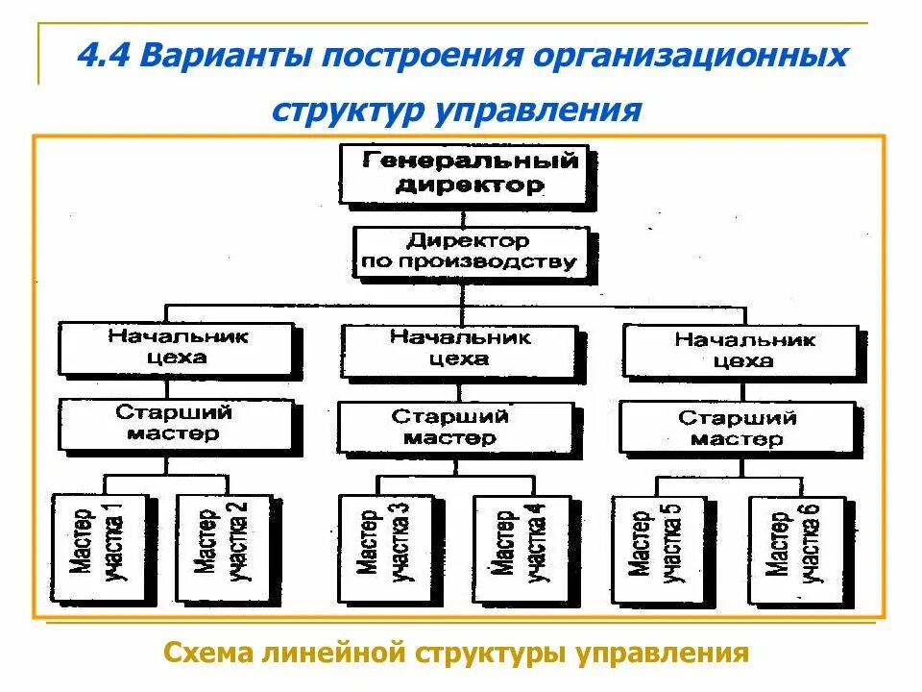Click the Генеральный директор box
[x=465, y=173]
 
